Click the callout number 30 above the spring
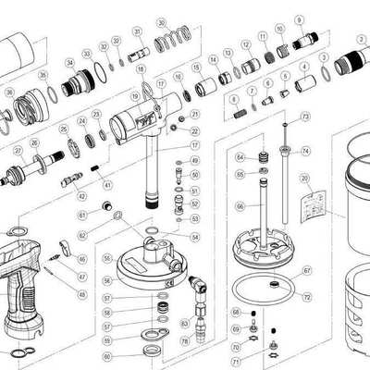click(x=162, y=21)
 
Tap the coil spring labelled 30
click(x=167, y=41)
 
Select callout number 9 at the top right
click(x=300, y=19)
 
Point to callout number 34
click(x=69, y=63)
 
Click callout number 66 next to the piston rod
click(x=239, y=206)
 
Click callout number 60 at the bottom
click(x=108, y=355)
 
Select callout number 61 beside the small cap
click(x=82, y=215)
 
